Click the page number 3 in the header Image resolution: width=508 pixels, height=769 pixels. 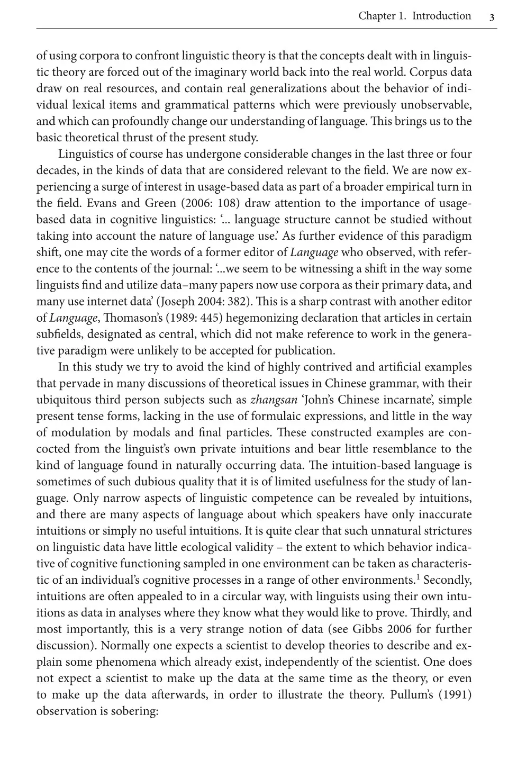(492, 17)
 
